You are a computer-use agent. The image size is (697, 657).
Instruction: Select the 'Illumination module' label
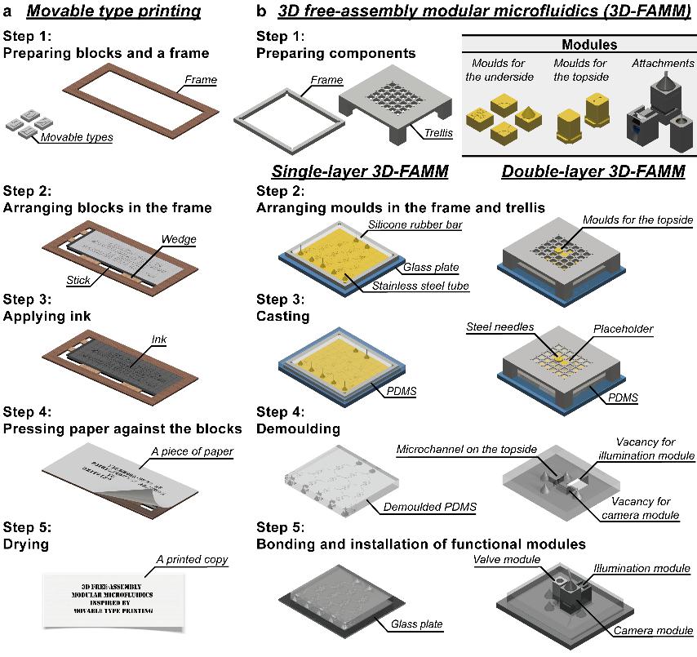[x=642, y=568]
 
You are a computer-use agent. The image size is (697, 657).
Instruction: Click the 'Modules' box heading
[x=578, y=45]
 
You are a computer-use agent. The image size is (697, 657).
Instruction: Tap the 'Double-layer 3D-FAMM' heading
[x=594, y=172]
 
